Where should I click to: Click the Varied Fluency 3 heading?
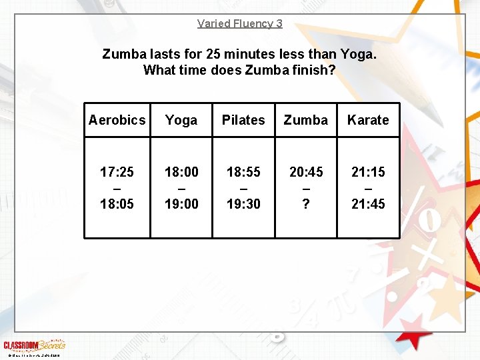[x=239, y=23]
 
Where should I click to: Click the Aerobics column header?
[x=117, y=120]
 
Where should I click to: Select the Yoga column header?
[x=181, y=120]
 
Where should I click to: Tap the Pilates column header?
[x=243, y=120]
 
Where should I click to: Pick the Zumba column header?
[x=306, y=120]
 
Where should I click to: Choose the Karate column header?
[x=368, y=120]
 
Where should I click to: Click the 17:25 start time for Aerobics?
[x=117, y=172]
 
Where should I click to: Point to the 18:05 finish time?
[x=117, y=204]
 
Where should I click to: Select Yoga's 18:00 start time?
[x=181, y=172]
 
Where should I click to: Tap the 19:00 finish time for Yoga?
[x=181, y=204]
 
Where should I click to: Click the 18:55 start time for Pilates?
[x=243, y=172]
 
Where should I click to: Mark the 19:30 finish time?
[x=243, y=204]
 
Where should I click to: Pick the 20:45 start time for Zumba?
[x=306, y=172]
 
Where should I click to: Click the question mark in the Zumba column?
[x=306, y=204]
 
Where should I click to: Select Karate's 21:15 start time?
[x=368, y=172]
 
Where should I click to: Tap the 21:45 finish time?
[x=368, y=204]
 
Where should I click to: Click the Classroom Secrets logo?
[x=34, y=345]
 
